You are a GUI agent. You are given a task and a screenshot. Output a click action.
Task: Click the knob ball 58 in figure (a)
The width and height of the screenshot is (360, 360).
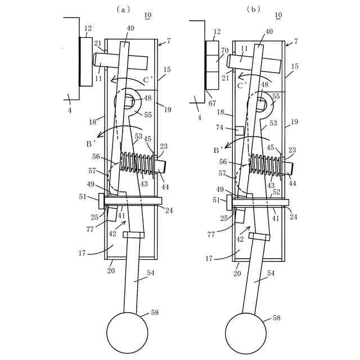pos(127,332)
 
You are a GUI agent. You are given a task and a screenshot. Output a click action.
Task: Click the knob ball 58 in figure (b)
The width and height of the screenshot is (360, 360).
pos(245,332)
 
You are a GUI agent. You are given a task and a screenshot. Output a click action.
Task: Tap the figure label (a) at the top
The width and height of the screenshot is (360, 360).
pos(123,10)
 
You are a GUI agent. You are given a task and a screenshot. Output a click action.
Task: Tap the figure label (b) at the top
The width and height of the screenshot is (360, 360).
pos(254,10)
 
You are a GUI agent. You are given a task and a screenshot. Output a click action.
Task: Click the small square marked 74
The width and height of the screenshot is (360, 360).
pos(238,130)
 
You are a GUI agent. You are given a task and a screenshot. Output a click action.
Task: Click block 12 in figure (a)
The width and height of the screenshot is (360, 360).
pos(86,61)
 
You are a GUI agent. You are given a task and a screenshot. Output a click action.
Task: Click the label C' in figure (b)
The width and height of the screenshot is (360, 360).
pos(242,86)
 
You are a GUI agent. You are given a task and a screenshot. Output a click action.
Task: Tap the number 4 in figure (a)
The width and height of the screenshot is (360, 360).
pos(70,110)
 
